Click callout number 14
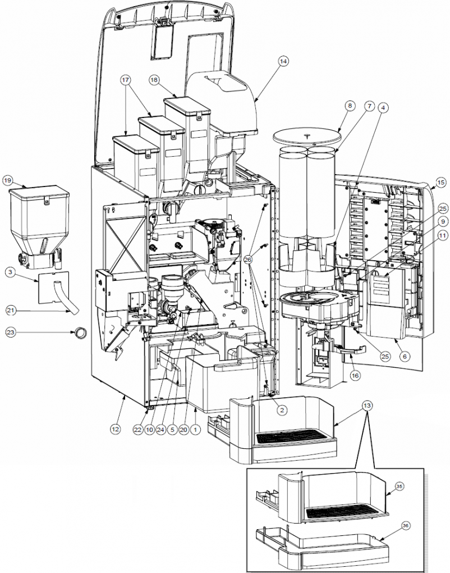[x=283, y=61]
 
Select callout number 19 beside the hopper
[x=7, y=180]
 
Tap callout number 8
[x=350, y=106]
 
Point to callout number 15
[x=441, y=183]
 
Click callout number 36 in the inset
[x=406, y=525]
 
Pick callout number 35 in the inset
[x=400, y=486]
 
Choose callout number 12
[x=115, y=429]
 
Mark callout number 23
[x=11, y=332]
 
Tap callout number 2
[x=282, y=410]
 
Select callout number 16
[x=355, y=375]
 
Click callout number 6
[x=405, y=356]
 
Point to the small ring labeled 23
[x=81, y=333]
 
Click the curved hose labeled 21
[x=64, y=298]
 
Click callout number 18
[x=154, y=80]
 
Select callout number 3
[x=10, y=272]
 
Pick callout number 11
[x=442, y=235]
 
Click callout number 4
[x=383, y=107]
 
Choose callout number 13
[x=367, y=405]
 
